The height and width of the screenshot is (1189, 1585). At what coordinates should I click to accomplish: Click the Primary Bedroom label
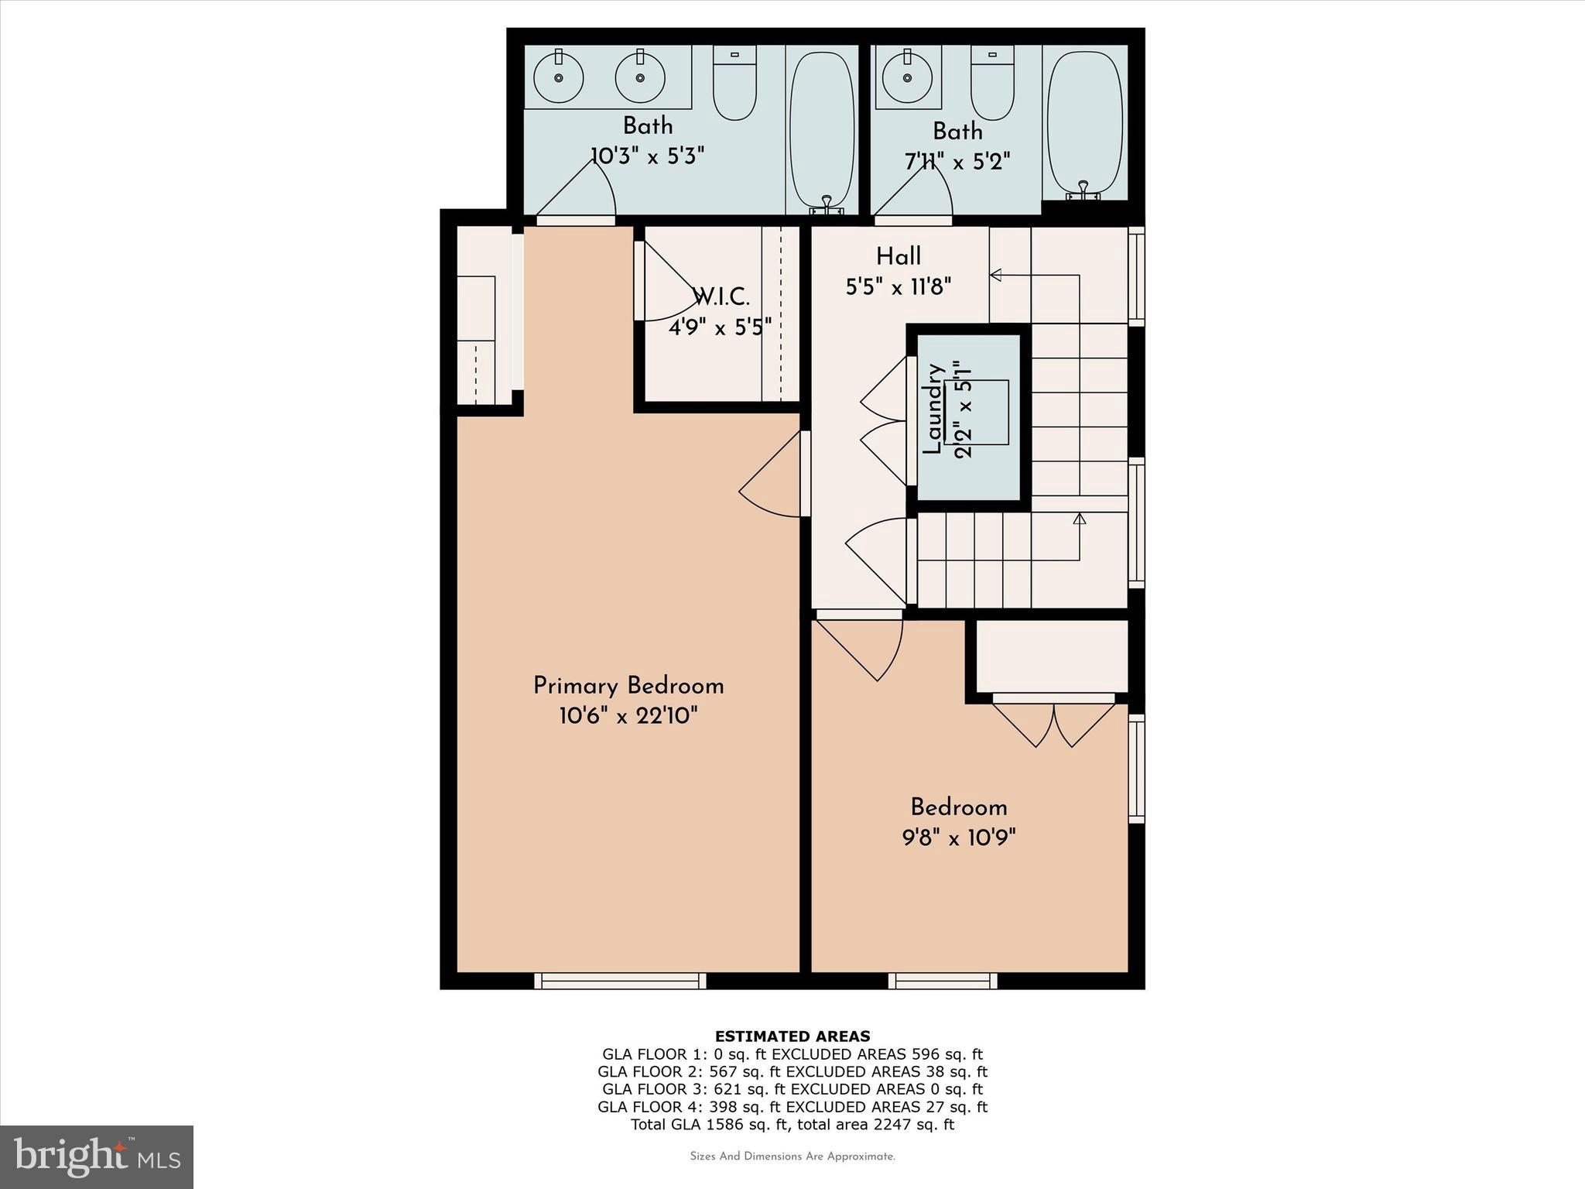628,686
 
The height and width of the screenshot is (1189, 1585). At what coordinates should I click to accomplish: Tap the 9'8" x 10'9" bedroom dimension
958,837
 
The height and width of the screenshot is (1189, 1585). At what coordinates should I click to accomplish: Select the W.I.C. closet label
721,296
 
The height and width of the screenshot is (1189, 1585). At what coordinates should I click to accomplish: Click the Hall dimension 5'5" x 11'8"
898,287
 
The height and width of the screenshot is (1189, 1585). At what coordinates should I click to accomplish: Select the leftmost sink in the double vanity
558,77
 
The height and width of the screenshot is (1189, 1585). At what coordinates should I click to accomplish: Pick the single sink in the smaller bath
906,77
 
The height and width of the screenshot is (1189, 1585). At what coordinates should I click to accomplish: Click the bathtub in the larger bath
822,128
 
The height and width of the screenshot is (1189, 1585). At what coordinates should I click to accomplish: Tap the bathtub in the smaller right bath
1084,124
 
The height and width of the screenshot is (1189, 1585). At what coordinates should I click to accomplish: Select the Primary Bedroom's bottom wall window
620,981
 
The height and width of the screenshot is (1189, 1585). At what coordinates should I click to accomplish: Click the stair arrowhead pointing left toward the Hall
996,275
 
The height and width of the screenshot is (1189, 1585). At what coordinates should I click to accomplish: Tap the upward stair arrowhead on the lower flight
1080,519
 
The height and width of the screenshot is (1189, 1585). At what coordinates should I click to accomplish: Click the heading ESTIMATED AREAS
792,1036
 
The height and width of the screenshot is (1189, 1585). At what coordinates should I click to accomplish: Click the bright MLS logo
97,1156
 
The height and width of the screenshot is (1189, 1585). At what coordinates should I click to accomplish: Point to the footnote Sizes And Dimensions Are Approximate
792,1156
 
